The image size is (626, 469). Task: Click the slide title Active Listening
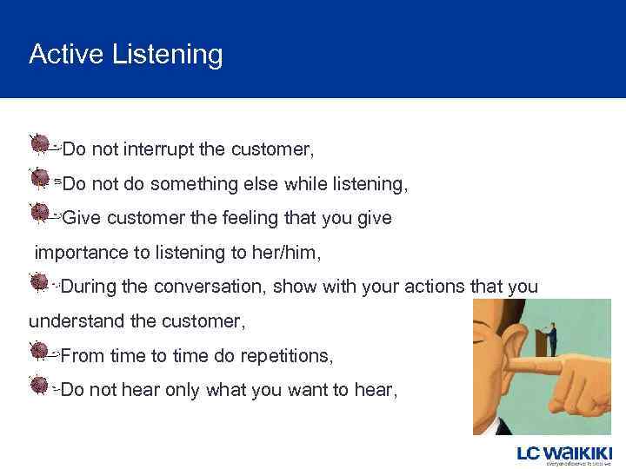point(125,55)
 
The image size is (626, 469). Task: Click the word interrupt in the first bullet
point(158,149)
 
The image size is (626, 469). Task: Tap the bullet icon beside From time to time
point(39,351)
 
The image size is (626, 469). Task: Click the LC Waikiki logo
point(564,454)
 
